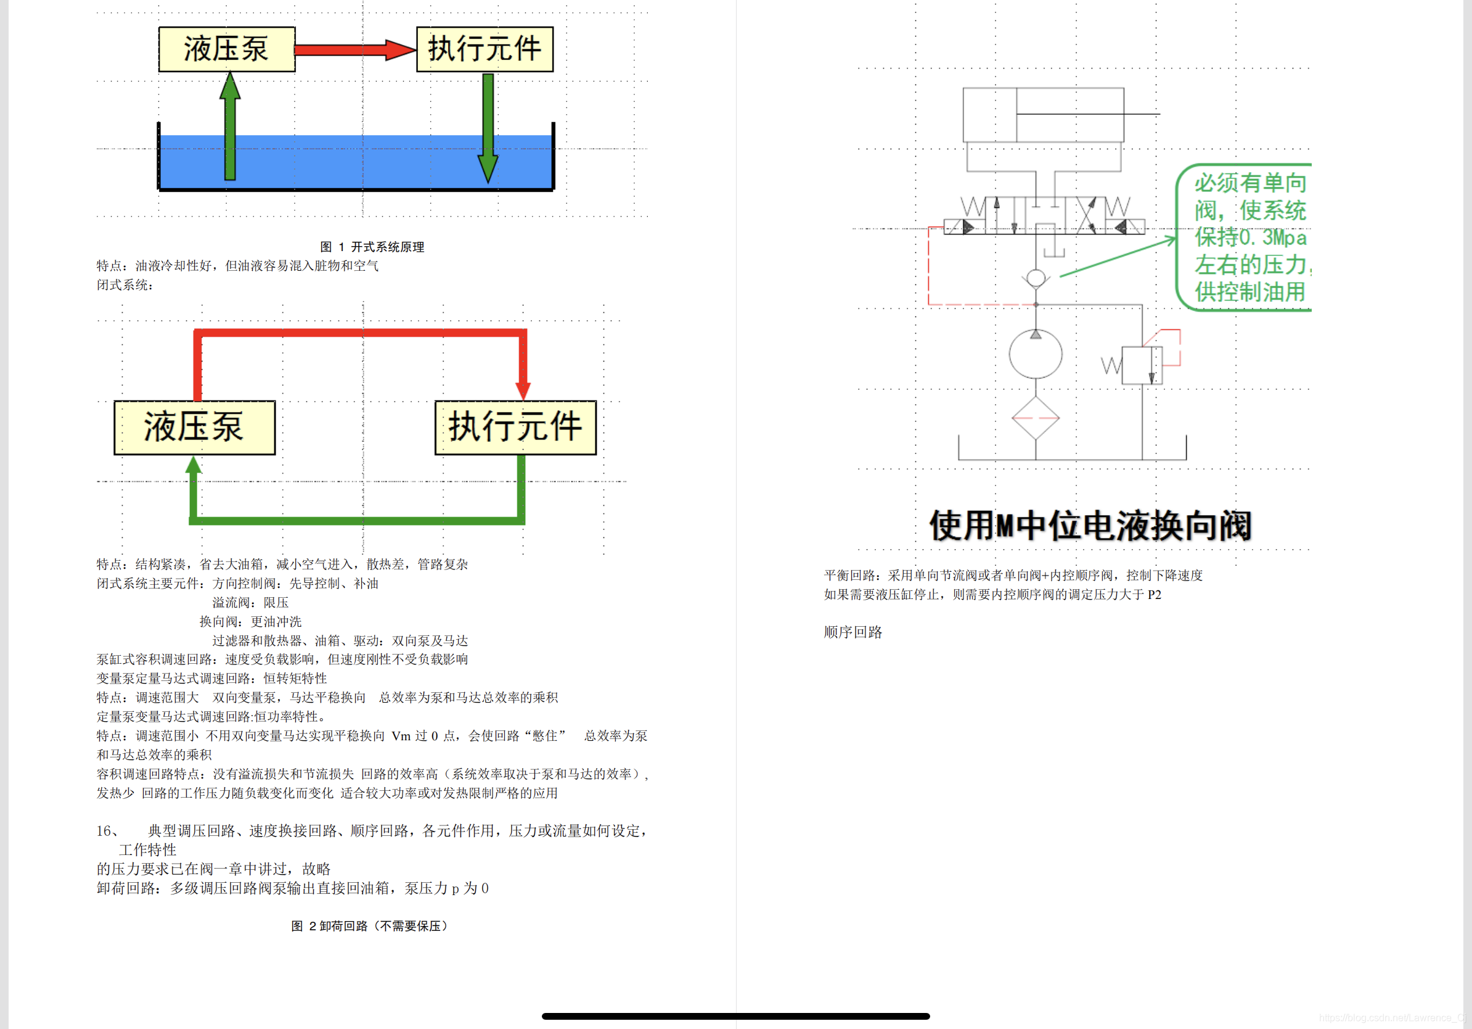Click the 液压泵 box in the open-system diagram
(x=227, y=49)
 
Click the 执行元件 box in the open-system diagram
(x=485, y=49)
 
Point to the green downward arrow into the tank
(x=488, y=128)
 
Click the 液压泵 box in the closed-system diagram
(x=194, y=428)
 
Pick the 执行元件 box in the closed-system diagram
(x=515, y=428)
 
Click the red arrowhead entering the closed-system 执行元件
(x=523, y=389)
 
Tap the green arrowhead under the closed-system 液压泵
(x=194, y=465)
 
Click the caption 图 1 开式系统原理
(x=372, y=247)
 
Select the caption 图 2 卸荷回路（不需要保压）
(x=370, y=926)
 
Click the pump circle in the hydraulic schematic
(x=1036, y=354)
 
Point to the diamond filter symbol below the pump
(x=1036, y=418)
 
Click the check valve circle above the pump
(x=1036, y=278)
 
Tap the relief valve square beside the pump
(x=1142, y=366)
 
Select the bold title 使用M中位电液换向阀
(x=1090, y=526)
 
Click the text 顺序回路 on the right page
(x=853, y=632)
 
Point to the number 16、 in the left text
(x=108, y=831)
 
